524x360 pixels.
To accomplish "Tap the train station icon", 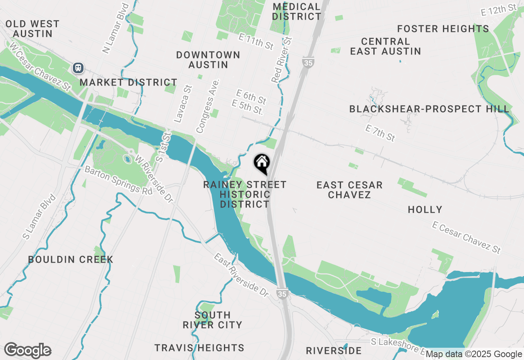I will (x=78, y=68).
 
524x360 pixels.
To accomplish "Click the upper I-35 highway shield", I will (x=308, y=63).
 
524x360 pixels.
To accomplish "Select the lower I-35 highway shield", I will (x=282, y=294).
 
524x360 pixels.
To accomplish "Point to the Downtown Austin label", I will (x=208, y=60).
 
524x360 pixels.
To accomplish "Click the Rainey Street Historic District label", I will (x=245, y=194).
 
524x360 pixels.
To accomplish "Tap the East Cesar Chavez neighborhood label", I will (x=349, y=190).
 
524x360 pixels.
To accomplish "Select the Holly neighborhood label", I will (x=425, y=209).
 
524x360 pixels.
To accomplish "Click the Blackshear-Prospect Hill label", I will (x=429, y=109).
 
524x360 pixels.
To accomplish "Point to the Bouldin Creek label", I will (x=70, y=259).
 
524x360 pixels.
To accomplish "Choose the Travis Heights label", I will (x=199, y=348).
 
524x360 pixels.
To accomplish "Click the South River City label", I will (x=212, y=320).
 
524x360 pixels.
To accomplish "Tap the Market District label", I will (x=128, y=82).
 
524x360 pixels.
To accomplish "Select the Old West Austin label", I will (x=32, y=29).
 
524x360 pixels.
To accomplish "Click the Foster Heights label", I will (x=443, y=29).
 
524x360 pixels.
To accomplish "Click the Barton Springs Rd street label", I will (x=118, y=180).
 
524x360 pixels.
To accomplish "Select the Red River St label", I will (x=283, y=60).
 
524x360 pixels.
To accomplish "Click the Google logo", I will (x=27, y=350).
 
